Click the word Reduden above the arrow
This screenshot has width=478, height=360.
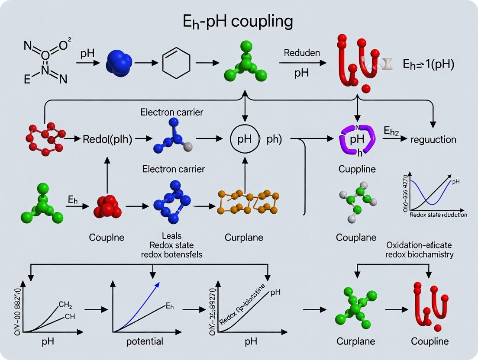point(302,53)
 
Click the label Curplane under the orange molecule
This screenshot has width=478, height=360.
point(244,237)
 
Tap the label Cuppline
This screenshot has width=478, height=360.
point(357,169)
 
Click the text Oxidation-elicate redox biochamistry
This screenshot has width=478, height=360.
point(420,250)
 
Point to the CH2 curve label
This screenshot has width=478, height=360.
point(65,305)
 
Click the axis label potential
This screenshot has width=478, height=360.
point(145,341)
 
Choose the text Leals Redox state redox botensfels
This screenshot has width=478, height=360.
point(172,245)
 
